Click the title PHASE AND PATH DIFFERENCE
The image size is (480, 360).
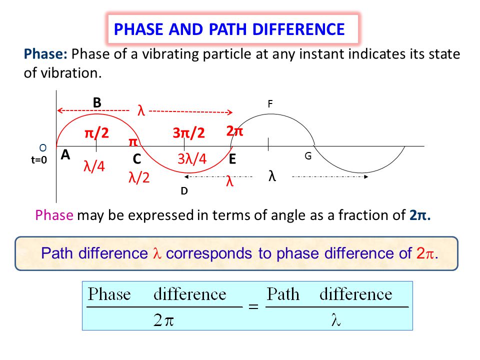tap(229, 29)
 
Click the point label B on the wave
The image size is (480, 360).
tap(97, 102)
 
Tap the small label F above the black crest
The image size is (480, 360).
tap(270, 104)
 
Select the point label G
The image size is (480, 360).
tap(308, 156)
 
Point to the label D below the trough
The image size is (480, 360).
tap(184, 190)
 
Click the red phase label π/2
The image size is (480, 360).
tap(97, 133)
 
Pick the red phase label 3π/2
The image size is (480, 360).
tap(189, 133)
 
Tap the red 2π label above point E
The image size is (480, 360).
tap(234, 131)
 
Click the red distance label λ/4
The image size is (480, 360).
tap(94, 166)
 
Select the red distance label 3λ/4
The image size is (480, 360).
tap(192, 159)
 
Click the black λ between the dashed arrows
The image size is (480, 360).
tap(272, 176)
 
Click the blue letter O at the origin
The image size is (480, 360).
tap(42, 148)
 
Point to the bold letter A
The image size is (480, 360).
tap(65, 155)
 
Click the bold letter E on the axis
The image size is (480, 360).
tap(232, 160)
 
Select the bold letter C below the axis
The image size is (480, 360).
tap(136, 159)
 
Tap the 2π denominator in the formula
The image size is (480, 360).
tap(163, 320)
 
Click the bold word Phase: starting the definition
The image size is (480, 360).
tap(46, 54)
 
